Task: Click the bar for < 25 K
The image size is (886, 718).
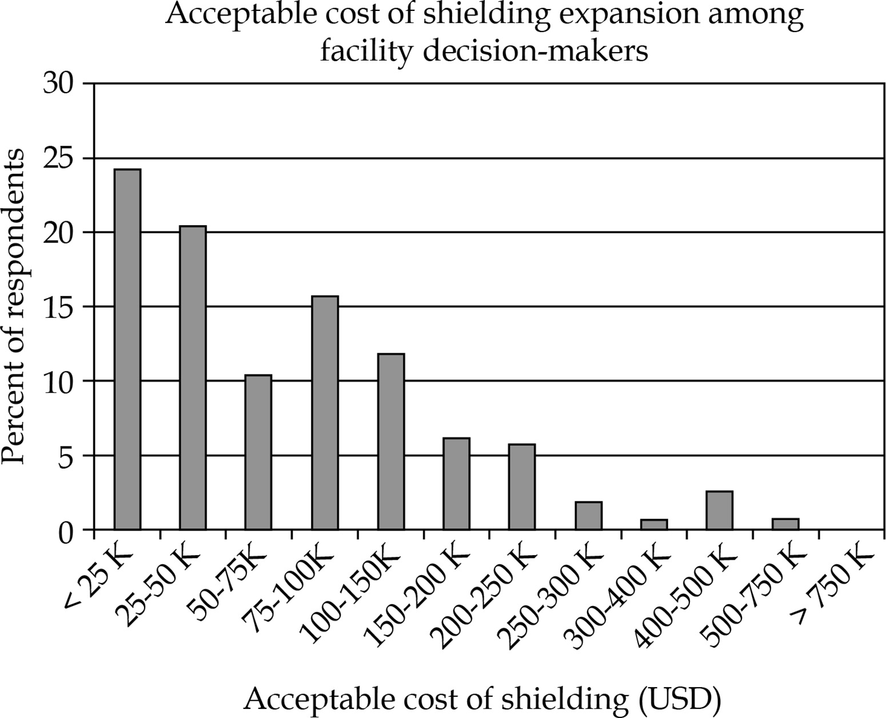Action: (127, 349)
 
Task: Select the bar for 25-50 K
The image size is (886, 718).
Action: (193, 378)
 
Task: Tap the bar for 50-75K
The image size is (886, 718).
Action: (258, 452)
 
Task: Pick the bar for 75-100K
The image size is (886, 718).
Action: (325, 413)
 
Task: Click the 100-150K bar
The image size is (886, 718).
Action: (391, 442)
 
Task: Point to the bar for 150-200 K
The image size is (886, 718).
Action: (456, 484)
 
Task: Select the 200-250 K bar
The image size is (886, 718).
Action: (522, 487)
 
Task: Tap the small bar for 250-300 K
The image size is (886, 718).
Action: (588, 516)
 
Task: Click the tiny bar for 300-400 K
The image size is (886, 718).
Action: (654, 524)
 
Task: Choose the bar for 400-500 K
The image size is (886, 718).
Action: (720, 510)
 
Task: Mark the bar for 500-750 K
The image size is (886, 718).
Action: (785, 524)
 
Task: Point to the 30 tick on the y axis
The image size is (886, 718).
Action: (59, 84)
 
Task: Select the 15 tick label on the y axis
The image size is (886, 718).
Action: (59, 307)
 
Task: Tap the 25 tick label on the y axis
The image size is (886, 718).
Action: (59, 158)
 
